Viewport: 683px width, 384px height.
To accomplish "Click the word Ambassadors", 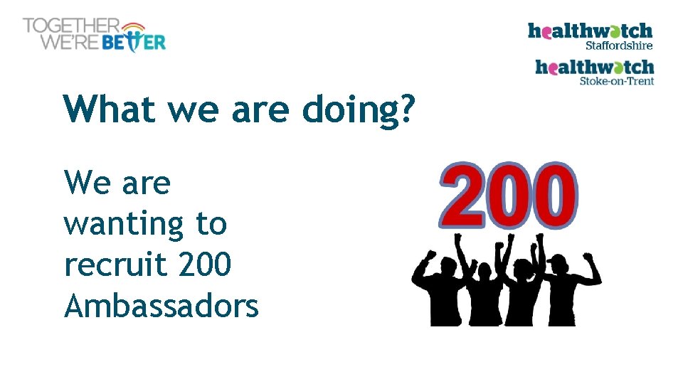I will pos(161,306).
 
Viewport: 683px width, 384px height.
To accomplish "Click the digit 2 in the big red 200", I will pos(465,193).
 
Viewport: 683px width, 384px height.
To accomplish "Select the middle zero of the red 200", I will pos(509,193).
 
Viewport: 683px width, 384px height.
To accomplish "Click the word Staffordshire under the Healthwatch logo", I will pos(618,44).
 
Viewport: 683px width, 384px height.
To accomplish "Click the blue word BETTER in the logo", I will pos(134,42).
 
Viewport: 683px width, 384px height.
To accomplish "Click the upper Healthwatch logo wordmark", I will pos(590,31).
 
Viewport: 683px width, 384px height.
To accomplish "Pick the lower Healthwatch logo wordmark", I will pos(594,67).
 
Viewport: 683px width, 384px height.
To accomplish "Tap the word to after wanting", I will pos(211,224).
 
